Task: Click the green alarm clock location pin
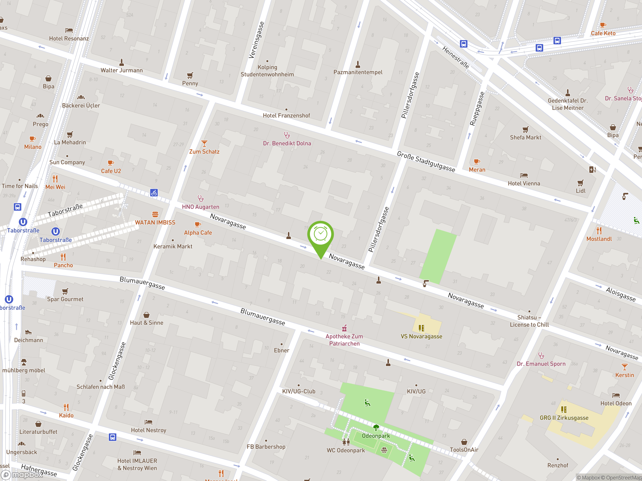click(x=320, y=235)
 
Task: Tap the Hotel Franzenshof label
click(x=286, y=115)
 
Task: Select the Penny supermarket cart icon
click(x=190, y=75)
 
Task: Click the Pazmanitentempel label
click(x=358, y=72)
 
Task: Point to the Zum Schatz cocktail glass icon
click(x=204, y=144)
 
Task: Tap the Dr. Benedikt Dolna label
click(x=287, y=143)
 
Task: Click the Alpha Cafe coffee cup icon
click(x=198, y=224)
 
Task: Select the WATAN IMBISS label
click(x=155, y=222)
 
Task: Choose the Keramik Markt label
click(x=173, y=247)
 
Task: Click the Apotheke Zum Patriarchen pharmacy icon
click(x=344, y=328)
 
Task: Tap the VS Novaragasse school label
click(x=421, y=336)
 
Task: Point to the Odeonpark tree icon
click(x=376, y=427)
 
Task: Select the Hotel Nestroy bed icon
click(x=148, y=422)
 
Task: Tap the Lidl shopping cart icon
click(x=580, y=183)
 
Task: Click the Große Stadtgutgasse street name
click(x=426, y=162)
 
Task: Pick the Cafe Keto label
click(x=603, y=33)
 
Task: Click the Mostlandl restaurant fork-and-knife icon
click(x=599, y=231)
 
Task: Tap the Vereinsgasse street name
click(x=256, y=40)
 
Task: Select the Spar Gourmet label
click(x=65, y=299)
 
